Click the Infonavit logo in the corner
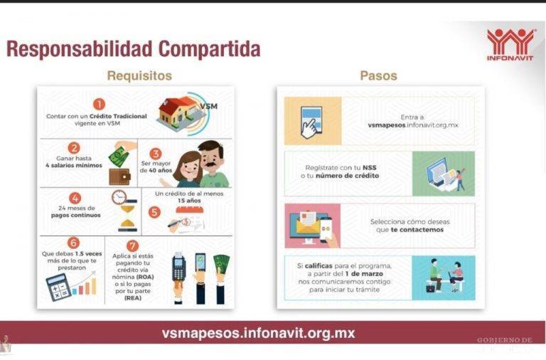point(510,44)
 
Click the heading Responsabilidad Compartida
point(133,49)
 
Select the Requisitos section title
point(139,75)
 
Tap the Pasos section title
point(378,75)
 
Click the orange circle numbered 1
point(99,105)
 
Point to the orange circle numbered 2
point(74,148)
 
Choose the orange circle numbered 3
point(156,153)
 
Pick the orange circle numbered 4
point(75,198)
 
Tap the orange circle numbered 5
point(155,211)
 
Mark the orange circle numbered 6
point(73,243)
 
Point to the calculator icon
point(58,286)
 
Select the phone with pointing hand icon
point(311,122)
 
